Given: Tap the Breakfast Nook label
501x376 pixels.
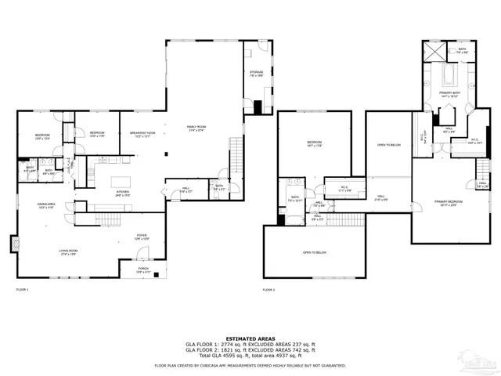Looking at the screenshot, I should coord(142,134).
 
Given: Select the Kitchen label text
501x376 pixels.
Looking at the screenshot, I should coord(123,191).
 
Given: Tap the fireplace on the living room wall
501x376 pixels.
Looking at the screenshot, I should coord(13,244).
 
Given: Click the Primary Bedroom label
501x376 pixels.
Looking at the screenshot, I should coord(449,203).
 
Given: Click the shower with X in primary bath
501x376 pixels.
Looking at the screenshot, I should coord(433,51).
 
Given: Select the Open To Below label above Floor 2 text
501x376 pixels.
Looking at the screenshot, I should coord(314,252).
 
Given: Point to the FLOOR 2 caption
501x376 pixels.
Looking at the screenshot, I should coord(269,291).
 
